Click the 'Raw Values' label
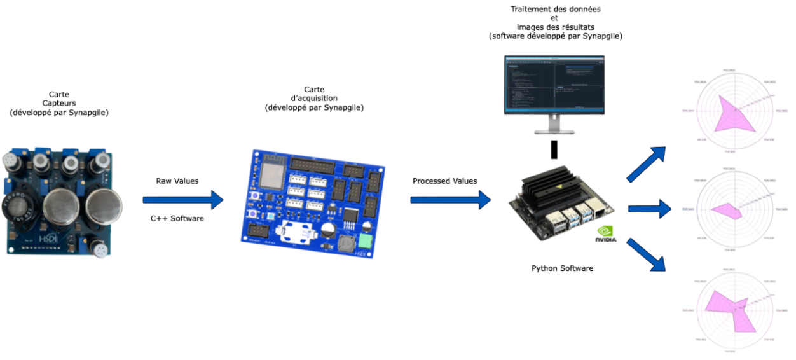[x=177, y=181]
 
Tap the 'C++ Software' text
[x=177, y=218]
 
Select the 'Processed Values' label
[x=445, y=181]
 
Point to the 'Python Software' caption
[x=562, y=268]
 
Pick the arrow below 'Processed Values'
[x=451, y=200]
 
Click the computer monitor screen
[x=554, y=83]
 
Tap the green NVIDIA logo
[x=605, y=234]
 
